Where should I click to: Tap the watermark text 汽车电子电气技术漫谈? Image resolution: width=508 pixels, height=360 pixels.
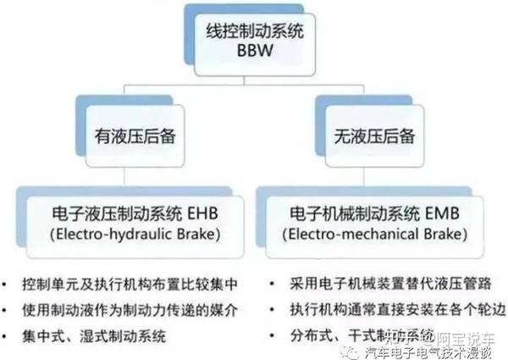(x=431, y=346)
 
